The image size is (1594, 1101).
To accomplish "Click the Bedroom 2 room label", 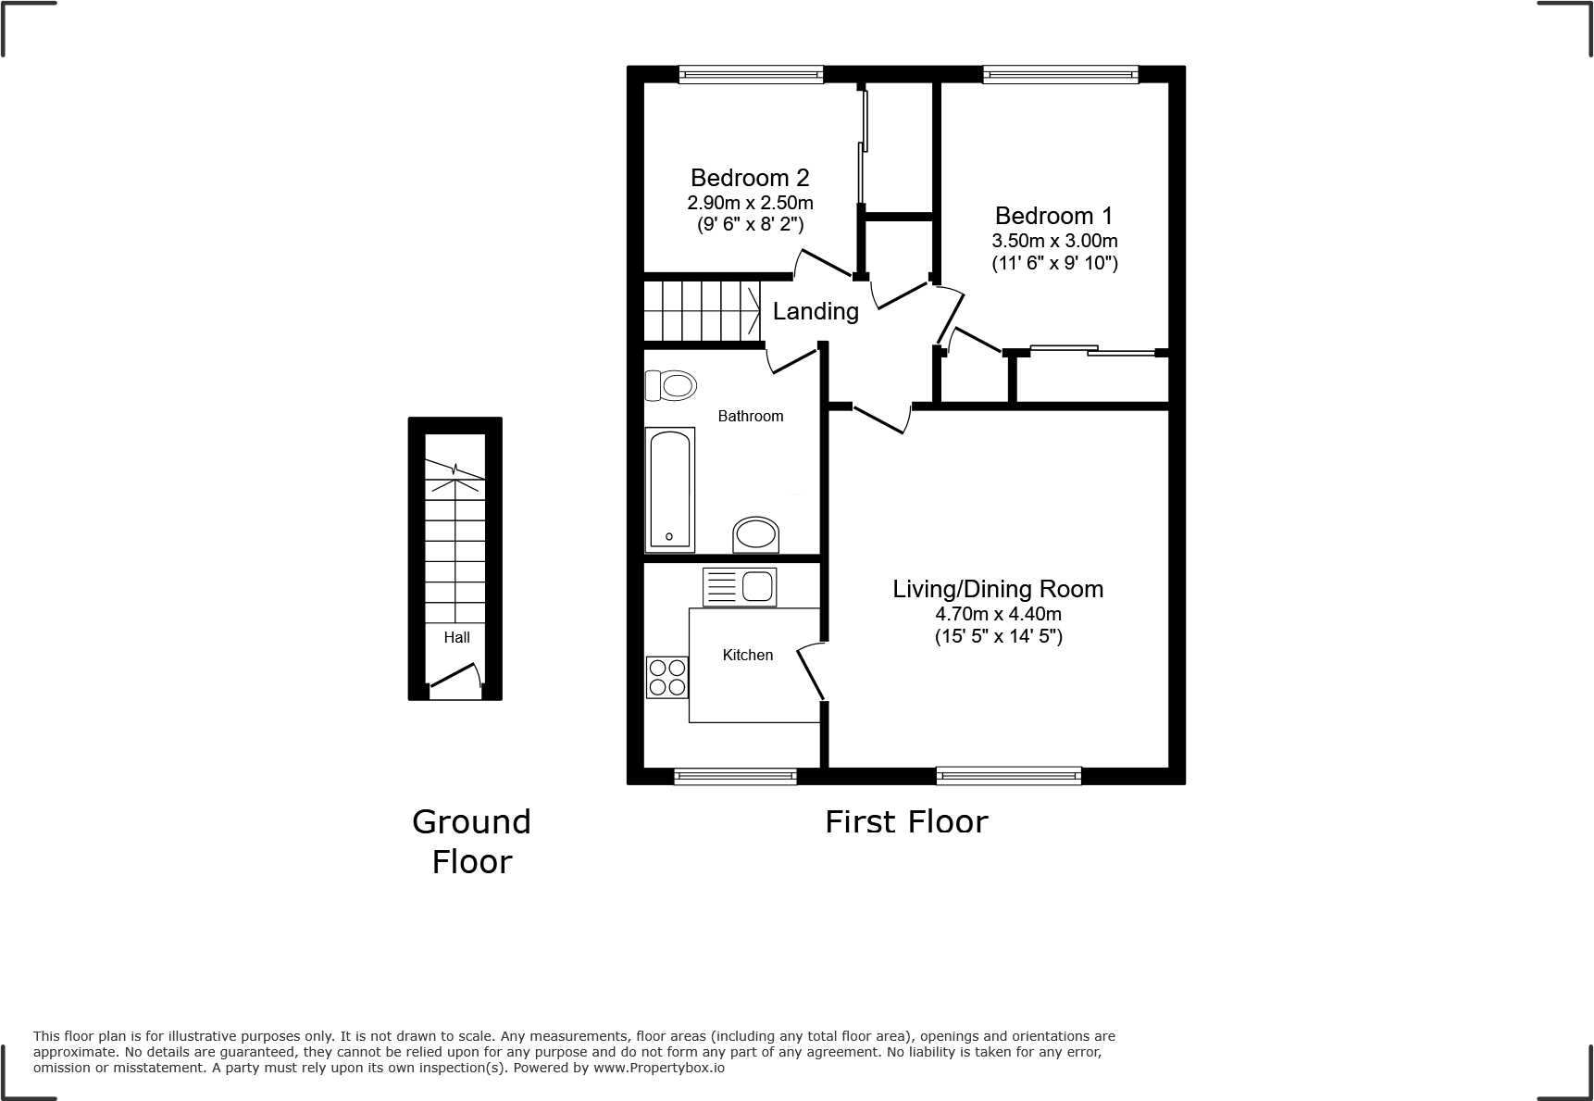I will pos(750,178).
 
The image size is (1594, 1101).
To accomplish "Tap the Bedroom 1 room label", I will pos(1053,216).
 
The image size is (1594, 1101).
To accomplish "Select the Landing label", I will pos(816,311).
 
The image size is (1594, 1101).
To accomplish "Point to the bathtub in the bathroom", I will pos(669,489).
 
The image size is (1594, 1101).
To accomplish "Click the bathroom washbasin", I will pos(755,535).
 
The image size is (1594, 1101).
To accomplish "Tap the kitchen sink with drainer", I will pos(740,587).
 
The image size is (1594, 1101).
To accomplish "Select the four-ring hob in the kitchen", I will pos(666,677).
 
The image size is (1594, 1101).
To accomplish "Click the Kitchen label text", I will pos(748,655).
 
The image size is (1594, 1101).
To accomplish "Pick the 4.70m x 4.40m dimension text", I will pos(998,614).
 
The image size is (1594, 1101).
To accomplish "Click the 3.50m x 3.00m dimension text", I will pos(1054,241).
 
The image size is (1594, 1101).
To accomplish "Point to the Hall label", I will pos(456,637).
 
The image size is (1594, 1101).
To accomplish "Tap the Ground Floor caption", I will pos(471,841).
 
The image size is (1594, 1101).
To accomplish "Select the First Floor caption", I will pos(906,821).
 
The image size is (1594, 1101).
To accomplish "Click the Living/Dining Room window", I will pos(1008,776).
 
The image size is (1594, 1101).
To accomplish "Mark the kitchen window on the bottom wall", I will pos(735,777).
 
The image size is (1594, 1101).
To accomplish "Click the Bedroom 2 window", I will pos(751,74).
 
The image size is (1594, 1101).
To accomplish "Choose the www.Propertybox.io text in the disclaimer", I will pos(658,1068).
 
